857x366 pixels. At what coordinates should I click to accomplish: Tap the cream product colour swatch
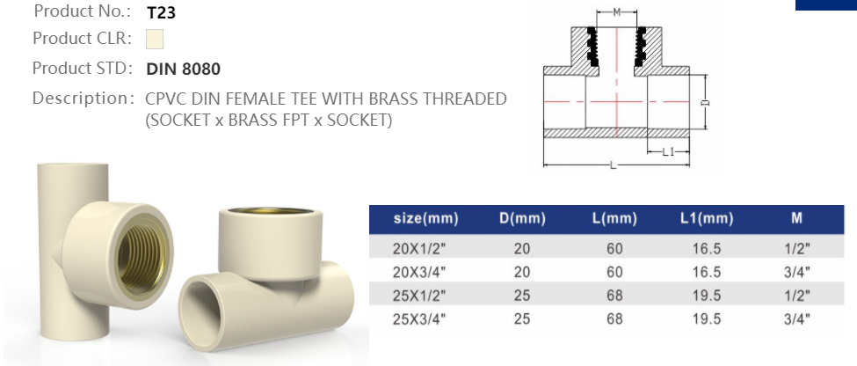pos(155,40)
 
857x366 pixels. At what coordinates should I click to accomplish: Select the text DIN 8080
pos(183,69)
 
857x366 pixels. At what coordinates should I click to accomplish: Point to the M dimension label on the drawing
pos(616,11)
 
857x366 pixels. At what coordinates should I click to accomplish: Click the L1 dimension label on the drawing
pos(667,151)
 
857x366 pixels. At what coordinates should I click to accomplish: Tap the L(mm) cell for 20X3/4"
pos(614,272)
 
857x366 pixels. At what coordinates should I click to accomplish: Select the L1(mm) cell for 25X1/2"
pos(706,296)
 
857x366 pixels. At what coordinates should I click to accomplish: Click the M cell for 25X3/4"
pos(796,318)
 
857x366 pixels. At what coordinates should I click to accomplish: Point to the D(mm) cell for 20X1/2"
pos(522,249)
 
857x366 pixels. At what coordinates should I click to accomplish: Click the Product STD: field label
pos(83,69)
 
